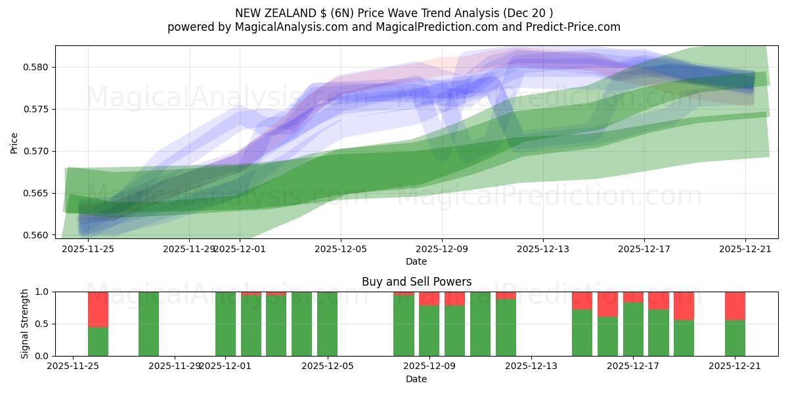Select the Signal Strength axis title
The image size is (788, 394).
[x=24, y=324]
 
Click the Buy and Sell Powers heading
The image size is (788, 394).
[x=416, y=282]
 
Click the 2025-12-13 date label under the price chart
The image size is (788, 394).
[x=542, y=249]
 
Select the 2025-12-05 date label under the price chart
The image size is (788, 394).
[x=340, y=249]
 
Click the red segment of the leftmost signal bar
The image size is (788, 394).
[x=98, y=309]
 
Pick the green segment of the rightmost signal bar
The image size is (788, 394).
[x=735, y=338]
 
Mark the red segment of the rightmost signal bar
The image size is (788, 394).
[x=735, y=305]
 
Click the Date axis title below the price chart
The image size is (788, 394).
[x=416, y=261]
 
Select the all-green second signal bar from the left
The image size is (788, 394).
[x=148, y=324]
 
